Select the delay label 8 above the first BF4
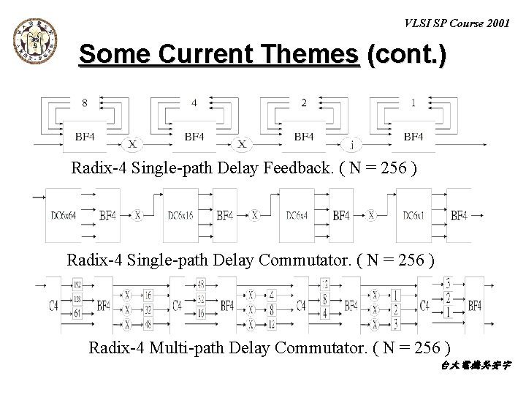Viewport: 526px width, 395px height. click(85, 103)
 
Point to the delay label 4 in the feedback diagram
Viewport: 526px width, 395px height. click(194, 103)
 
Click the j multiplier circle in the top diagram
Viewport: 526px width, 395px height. click(353, 144)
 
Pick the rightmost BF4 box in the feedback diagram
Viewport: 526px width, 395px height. click(413, 136)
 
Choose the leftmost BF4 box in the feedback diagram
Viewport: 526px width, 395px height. click(85, 136)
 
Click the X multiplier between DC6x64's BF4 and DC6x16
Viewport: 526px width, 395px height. click(138, 216)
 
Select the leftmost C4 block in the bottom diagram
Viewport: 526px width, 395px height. click(53, 305)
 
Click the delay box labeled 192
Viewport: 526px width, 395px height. click(77, 283)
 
